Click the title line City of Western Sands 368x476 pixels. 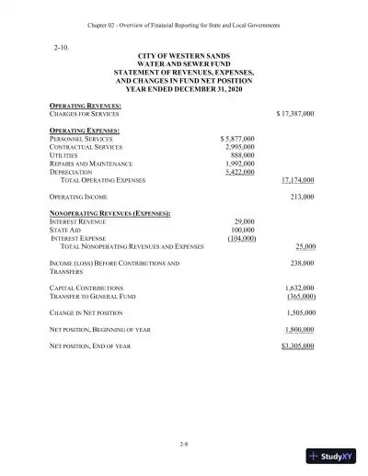click(x=184, y=57)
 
